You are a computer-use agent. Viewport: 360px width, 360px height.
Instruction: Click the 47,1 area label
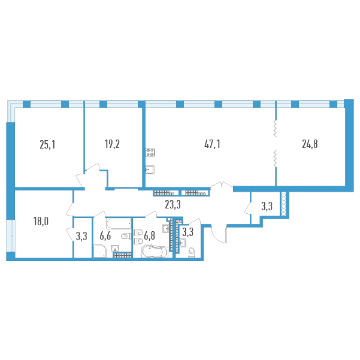coord(212,144)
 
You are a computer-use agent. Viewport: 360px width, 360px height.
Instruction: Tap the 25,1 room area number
coord(47,145)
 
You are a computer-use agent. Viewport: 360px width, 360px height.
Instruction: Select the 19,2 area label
coord(112,144)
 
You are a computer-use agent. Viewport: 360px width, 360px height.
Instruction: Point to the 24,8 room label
coord(310,144)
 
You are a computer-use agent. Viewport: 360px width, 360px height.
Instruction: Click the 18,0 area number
coord(41,222)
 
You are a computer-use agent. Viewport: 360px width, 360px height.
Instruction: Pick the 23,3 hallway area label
coord(173,205)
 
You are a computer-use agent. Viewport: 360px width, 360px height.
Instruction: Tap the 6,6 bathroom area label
coord(105,236)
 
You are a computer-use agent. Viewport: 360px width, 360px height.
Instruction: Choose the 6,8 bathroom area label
coord(150,236)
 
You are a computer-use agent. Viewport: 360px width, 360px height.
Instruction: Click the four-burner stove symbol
coord(150,153)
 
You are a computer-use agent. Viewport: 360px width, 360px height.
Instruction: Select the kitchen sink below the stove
coord(150,170)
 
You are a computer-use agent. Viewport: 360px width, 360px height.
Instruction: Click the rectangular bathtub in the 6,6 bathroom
coord(119,223)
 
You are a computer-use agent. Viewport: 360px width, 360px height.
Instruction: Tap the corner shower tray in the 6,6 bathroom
coord(99,252)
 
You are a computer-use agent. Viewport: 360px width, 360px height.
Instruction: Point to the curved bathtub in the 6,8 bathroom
coord(155,252)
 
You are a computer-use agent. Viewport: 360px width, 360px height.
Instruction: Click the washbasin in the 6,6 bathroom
coord(115,248)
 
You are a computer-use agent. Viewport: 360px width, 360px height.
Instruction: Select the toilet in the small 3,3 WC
coord(191,253)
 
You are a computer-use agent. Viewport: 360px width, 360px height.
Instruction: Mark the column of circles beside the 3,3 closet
coord(284,204)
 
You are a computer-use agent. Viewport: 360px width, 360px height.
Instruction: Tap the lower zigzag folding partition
coord(276,158)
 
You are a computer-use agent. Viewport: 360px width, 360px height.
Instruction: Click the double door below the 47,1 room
coord(222,184)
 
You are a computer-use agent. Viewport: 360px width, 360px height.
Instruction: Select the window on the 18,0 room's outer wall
coord(11,236)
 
